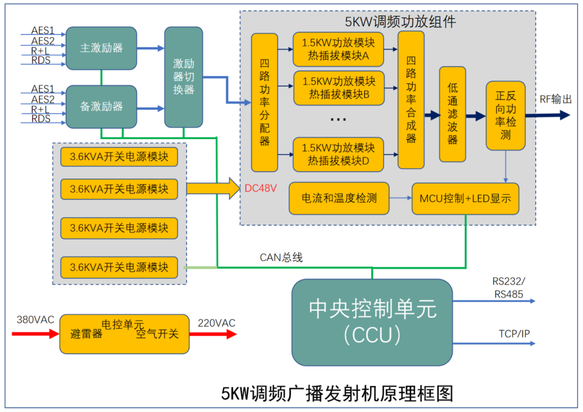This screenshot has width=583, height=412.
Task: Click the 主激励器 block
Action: [101, 48]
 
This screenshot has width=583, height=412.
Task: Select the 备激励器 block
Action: [101, 107]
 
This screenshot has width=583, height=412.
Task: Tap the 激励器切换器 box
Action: [183, 77]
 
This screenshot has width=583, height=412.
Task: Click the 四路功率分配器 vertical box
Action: [264, 102]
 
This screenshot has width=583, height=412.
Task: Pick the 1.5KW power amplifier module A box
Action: [338, 49]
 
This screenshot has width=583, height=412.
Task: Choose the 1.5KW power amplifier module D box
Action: [338, 154]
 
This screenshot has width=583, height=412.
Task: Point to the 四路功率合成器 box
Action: [411, 100]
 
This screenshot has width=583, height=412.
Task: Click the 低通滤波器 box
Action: [452, 114]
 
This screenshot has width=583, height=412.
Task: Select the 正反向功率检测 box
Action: [505, 115]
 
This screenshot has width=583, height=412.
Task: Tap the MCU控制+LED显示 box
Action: [465, 198]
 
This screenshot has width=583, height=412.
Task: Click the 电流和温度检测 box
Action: [339, 198]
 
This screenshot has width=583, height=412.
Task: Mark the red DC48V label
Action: [260, 188]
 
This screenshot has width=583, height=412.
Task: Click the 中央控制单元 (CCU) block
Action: [372, 322]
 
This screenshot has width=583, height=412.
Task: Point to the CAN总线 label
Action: [281, 257]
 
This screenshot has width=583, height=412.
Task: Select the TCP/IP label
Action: [514, 334]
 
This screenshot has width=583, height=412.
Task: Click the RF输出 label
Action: [556, 99]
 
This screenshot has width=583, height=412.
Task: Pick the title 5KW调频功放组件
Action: [400, 22]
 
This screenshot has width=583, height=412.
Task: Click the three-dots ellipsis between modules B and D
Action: [338, 120]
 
